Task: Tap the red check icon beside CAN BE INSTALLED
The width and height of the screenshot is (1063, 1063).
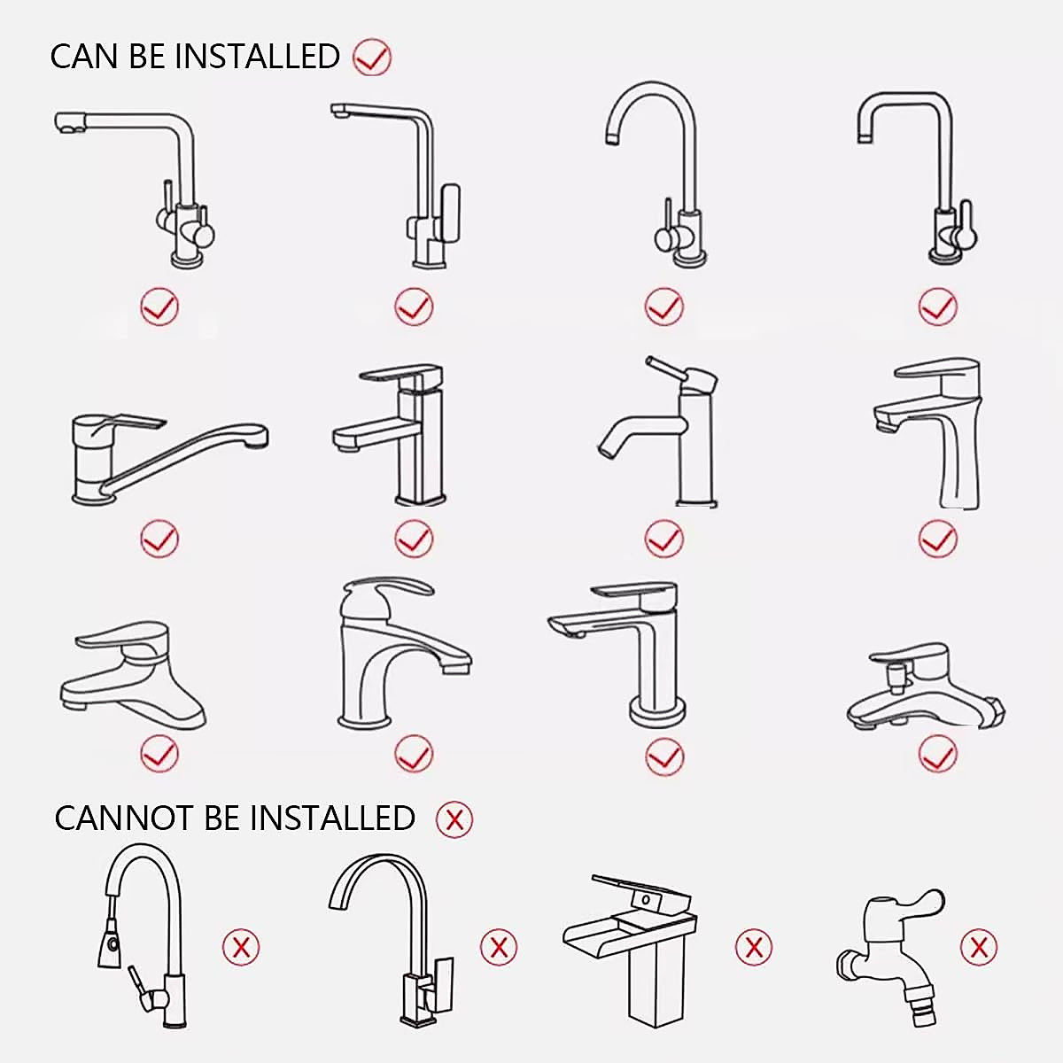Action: (x=371, y=58)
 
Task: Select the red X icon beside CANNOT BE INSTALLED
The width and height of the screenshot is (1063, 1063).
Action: (x=454, y=819)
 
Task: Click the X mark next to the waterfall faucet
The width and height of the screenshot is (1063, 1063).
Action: (x=753, y=947)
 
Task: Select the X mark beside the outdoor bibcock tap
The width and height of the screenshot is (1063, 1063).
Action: (x=978, y=947)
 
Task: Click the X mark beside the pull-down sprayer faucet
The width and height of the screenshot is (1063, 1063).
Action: (x=241, y=947)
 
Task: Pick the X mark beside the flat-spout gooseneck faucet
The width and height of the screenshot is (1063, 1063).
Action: (x=499, y=947)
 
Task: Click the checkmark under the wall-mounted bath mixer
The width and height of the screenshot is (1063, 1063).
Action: (x=937, y=755)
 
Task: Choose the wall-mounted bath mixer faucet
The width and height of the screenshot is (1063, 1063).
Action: (x=926, y=691)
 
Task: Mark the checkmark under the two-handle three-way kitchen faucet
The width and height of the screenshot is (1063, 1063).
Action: (x=159, y=307)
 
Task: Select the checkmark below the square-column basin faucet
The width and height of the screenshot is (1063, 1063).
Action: (x=413, y=538)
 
